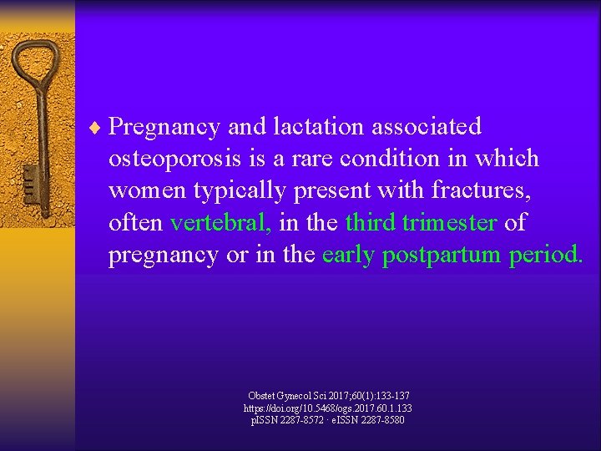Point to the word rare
pyautogui.click(x=316, y=159)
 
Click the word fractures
pyautogui.click(x=487, y=190)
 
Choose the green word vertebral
pyautogui.click(x=220, y=223)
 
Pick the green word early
pyautogui.click(x=348, y=256)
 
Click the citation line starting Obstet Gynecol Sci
pyautogui.click(x=328, y=395)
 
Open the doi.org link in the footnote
pyautogui.click(x=327, y=408)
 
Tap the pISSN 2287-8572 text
pyautogui.click(x=289, y=420)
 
